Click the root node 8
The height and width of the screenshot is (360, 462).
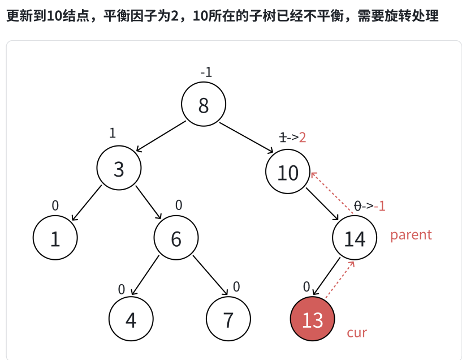point(204,105)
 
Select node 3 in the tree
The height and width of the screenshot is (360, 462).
point(118,169)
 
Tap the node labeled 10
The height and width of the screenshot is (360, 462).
point(288,172)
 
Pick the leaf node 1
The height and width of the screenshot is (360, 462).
point(55,239)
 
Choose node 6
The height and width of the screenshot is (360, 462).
point(176,239)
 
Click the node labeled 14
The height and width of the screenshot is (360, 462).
point(355,239)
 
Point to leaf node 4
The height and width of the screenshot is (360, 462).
point(131,320)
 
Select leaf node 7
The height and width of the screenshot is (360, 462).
point(228,320)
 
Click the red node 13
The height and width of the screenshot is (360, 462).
point(312,320)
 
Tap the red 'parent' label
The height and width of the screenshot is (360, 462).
point(411,235)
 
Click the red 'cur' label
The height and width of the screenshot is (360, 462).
point(357,332)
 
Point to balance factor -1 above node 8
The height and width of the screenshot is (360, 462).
point(206,72)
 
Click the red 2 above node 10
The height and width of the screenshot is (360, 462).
point(303,138)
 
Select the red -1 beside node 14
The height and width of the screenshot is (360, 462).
point(379,205)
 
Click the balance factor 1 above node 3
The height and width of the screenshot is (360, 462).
point(113,133)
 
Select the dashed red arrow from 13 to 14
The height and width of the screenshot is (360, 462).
point(340,278)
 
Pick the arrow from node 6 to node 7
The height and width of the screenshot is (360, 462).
point(210,276)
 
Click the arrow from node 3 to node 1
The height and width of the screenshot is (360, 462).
point(87,203)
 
